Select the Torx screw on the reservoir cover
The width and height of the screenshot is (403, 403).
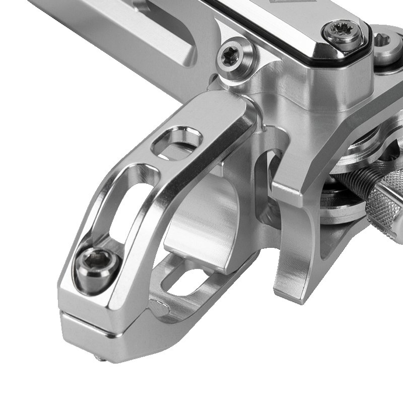pyautogui.click(x=343, y=33)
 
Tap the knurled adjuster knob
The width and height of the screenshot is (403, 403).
pyautogui.click(x=388, y=201)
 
